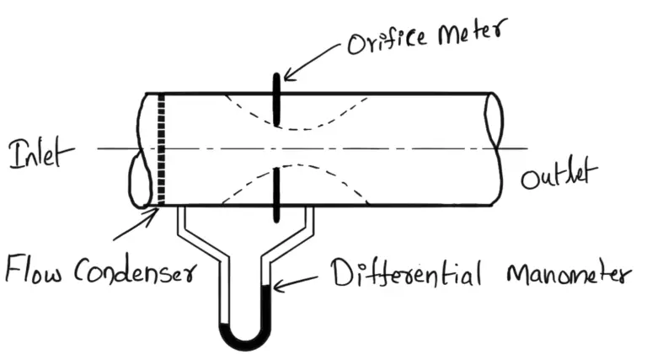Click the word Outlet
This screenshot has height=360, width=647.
[558, 178]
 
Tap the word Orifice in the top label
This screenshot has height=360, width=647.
[383, 43]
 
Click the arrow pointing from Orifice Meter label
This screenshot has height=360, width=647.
[312, 64]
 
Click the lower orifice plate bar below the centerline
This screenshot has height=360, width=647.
[276, 195]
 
